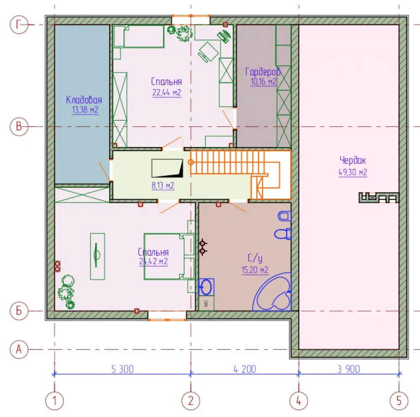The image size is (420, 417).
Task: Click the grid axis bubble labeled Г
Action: click(x=19, y=25)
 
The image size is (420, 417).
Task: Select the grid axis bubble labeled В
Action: click(x=19, y=126)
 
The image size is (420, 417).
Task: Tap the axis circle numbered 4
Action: click(x=299, y=401)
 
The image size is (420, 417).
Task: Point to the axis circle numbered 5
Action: click(x=399, y=401)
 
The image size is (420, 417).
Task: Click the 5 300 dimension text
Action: click(x=122, y=369)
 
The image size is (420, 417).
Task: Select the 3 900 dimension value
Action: click(x=349, y=369)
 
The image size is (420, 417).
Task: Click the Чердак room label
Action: click(x=352, y=160)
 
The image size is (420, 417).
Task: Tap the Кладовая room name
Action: click(x=84, y=100)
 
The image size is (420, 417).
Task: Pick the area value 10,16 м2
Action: click(x=263, y=81)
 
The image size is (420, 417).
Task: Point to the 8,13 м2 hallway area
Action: click(x=163, y=185)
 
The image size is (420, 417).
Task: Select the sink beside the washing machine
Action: click(x=206, y=287)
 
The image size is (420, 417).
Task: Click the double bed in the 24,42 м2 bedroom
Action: click(x=169, y=257)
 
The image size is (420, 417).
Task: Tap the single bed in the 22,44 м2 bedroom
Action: click(x=139, y=37)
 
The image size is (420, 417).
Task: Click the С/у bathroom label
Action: click(x=255, y=258)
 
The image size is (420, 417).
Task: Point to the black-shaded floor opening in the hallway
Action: click(x=168, y=168)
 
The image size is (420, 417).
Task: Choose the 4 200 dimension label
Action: click(x=244, y=369)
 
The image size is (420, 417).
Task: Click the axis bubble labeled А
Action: click(x=19, y=349)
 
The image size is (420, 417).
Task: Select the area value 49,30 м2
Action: click(x=353, y=172)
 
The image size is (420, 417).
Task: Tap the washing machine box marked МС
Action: click(x=206, y=304)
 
